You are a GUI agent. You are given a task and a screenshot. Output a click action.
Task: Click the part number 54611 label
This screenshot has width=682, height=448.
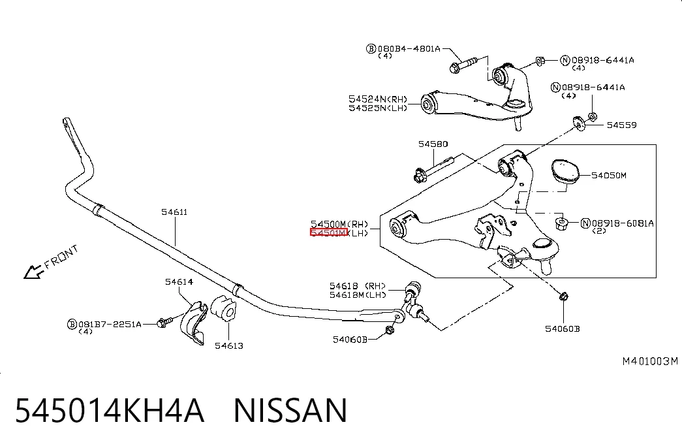click(x=174, y=212)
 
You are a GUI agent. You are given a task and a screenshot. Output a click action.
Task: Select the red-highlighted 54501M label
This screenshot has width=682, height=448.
click(x=328, y=233)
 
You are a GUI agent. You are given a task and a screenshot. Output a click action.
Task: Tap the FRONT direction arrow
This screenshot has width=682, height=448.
click(x=33, y=272)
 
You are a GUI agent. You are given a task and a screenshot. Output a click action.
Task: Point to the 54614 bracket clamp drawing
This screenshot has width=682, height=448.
click(x=193, y=322)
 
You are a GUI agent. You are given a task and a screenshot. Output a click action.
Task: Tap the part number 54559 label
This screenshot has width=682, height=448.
click(x=621, y=125)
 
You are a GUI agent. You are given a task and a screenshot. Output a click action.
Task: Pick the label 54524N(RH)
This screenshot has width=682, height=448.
click(x=377, y=99)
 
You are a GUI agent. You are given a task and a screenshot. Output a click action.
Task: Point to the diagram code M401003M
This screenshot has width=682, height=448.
click(x=650, y=361)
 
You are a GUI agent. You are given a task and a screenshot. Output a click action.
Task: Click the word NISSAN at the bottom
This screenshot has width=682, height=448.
click(x=290, y=410)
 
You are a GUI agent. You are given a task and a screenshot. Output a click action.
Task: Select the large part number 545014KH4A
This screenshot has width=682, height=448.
click(x=110, y=410)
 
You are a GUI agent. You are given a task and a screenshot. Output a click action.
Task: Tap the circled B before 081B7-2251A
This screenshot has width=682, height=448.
click(x=72, y=325)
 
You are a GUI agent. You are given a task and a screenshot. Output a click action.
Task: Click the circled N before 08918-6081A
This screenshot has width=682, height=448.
click(x=585, y=223)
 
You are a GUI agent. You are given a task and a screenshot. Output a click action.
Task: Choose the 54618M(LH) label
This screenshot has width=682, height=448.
click(x=358, y=295)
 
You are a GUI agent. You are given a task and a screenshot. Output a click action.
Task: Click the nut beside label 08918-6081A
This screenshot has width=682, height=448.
click(x=561, y=224)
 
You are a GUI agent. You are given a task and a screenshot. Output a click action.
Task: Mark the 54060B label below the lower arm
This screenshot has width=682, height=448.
click(x=563, y=328)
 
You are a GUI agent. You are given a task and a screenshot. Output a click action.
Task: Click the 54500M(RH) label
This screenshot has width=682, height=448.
click(x=339, y=224)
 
